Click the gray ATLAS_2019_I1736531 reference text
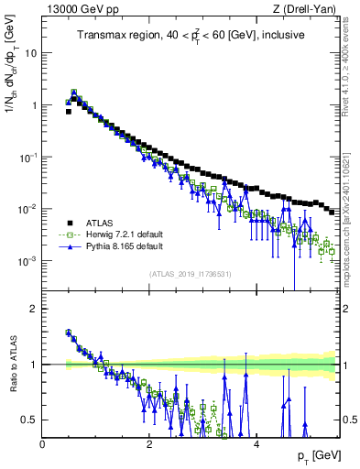[x=191, y=274]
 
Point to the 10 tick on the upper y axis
[x=32, y=52]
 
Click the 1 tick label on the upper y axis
[x=35, y=104]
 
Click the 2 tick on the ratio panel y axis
[x=35, y=309]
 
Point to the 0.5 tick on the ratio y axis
[x=31, y=420]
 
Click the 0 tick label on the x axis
[x=42, y=443]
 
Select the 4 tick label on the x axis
[x=256, y=443]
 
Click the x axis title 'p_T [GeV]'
[x=314, y=456]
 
